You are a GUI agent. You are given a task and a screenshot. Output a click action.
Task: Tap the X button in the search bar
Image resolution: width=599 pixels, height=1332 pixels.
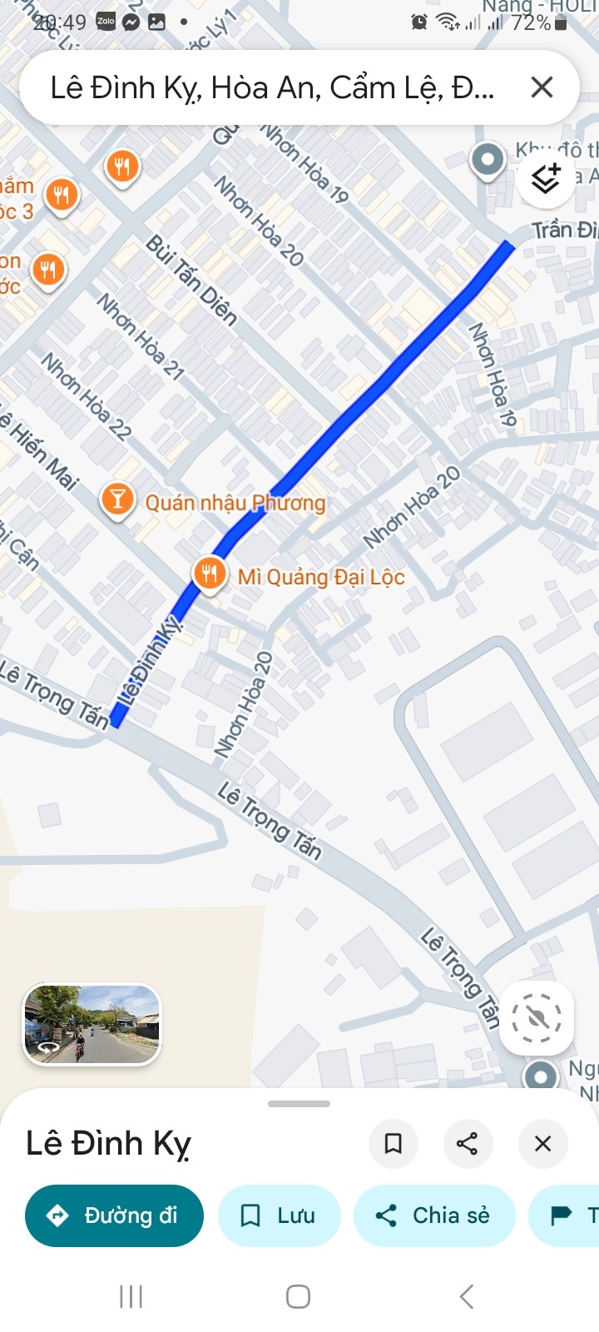click(x=542, y=87)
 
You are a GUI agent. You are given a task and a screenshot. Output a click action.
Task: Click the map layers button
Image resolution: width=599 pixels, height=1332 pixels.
click(x=546, y=178)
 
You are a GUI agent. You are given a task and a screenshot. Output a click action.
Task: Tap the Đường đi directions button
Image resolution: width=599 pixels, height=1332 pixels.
click(x=115, y=1215)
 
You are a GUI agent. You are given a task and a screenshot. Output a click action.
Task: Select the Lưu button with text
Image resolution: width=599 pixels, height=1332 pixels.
click(x=279, y=1215)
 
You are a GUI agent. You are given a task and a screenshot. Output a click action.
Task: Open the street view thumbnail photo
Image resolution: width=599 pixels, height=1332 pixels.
click(x=92, y=1024)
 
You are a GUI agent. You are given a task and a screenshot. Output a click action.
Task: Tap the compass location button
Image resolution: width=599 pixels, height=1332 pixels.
click(x=537, y=1017)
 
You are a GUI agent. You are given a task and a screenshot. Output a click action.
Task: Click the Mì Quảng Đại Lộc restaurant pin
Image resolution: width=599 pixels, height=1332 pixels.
click(x=210, y=573)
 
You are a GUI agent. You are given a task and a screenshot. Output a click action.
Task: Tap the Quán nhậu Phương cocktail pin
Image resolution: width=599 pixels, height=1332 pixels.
click(x=117, y=499)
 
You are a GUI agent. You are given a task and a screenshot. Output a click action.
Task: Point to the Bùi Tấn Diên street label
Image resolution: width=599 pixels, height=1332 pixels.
click(x=191, y=280)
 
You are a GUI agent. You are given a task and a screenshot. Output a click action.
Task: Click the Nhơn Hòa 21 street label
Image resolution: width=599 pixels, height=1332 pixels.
click(x=140, y=336)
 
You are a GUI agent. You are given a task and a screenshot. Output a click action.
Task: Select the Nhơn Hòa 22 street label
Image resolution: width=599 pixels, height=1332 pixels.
click(x=87, y=396)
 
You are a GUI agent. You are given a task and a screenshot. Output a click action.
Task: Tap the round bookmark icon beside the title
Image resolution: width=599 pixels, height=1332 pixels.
click(x=393, y=1143)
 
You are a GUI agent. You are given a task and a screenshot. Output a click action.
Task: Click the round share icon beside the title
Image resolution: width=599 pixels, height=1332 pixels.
click(x=468, y=1143)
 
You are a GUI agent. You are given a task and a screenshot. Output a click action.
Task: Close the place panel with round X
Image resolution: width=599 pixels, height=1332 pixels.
click(x=542, y=1143)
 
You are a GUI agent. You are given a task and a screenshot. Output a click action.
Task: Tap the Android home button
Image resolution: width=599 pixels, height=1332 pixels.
click(x=298, y=1296)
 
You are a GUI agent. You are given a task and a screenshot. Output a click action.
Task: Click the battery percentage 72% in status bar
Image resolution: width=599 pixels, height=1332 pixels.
click(x=531, y=23)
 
